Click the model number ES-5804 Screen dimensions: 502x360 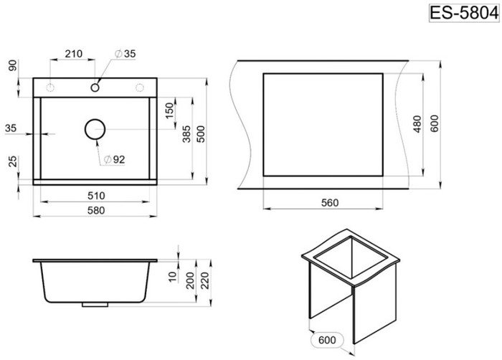(464, 13)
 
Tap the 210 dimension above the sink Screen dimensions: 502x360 (74, 54)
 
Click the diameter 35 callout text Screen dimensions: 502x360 (126, 54)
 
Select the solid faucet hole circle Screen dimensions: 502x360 (95, 87)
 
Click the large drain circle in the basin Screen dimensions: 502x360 (95, 129)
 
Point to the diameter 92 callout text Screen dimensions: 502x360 (114, 159)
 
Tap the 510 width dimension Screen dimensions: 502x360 (96, 195)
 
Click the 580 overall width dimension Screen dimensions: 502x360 (96, 210)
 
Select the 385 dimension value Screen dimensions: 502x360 (186, 134)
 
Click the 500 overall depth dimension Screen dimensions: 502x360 (201, 134)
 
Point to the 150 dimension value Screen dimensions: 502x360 (170, 110)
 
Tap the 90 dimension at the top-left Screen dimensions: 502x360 (13, 65)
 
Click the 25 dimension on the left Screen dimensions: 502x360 (13, 161)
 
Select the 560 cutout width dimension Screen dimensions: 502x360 (330, 202)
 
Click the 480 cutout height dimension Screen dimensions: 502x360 (417, 124)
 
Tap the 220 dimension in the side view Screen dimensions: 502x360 (205, 280)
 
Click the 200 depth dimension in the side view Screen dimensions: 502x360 (191, 280)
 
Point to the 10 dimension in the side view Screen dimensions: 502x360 (173, 277)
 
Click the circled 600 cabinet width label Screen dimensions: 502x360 (327, 340)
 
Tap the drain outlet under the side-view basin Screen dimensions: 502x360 (95, 305)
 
